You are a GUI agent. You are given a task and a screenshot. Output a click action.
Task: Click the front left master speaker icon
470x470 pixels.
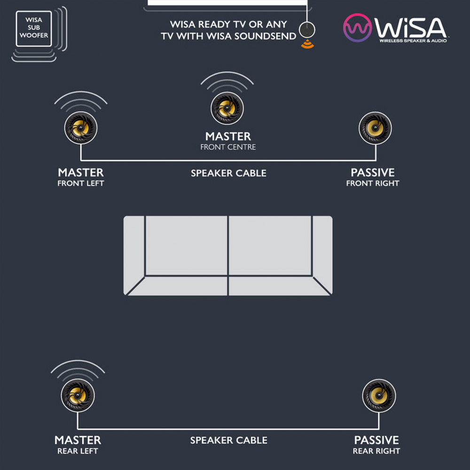coord(81,128)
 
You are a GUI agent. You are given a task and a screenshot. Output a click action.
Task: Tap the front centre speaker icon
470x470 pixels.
coord(227,108)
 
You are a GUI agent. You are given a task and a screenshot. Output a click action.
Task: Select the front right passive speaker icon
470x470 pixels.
coord(375,128)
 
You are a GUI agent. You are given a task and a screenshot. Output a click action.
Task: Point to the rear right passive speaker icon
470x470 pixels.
coord(379,396)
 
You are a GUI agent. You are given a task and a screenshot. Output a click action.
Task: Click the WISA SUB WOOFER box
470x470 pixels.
coord(34,29)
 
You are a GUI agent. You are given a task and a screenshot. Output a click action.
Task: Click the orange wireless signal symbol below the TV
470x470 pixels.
coord(308,44)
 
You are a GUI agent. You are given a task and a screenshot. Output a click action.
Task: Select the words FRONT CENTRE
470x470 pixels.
coord(228,147)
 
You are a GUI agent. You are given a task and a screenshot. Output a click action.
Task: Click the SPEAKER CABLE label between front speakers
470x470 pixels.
coord(228,173)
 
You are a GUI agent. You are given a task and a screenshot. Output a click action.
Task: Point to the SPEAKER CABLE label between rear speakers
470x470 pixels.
coord(228,440)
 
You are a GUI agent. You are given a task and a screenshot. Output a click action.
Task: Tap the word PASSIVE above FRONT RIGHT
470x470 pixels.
coord(373,172)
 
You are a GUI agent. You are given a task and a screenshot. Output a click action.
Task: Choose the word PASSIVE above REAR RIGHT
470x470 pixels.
coord(376,440)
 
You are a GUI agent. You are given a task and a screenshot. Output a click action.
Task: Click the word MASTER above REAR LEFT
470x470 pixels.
coord(78,440)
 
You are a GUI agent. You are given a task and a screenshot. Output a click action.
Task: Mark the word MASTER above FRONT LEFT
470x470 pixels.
coord(81,172)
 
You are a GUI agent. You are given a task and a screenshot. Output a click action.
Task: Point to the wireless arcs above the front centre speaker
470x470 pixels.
coord(227,81)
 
